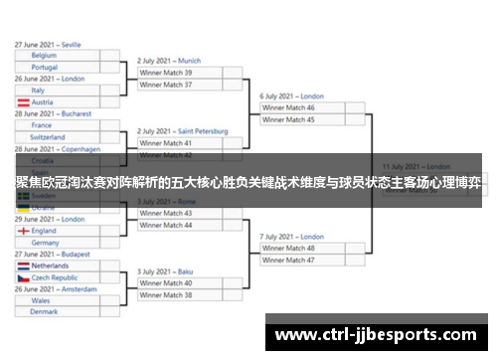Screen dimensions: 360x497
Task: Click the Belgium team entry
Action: click(44, 56)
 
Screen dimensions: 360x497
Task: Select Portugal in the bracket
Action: click(45, 68)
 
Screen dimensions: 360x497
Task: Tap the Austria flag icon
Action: click(23, 102)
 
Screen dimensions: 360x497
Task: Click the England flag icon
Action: click(23, 231)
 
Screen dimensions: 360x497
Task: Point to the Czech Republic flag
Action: click(23, 278)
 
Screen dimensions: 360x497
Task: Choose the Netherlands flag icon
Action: click(23, 267)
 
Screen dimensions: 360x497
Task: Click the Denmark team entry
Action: click(44, 312)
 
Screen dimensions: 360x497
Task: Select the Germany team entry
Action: click(46, 243)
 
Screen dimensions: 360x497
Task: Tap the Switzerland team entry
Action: click(49, 137)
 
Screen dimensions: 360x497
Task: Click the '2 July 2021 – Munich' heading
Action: click(168, 61)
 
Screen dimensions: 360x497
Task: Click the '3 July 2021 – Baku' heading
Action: click(165, 271)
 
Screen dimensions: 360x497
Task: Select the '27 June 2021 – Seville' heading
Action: click(48, 45)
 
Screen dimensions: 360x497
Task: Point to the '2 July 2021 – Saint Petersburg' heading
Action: click(182, 131)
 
